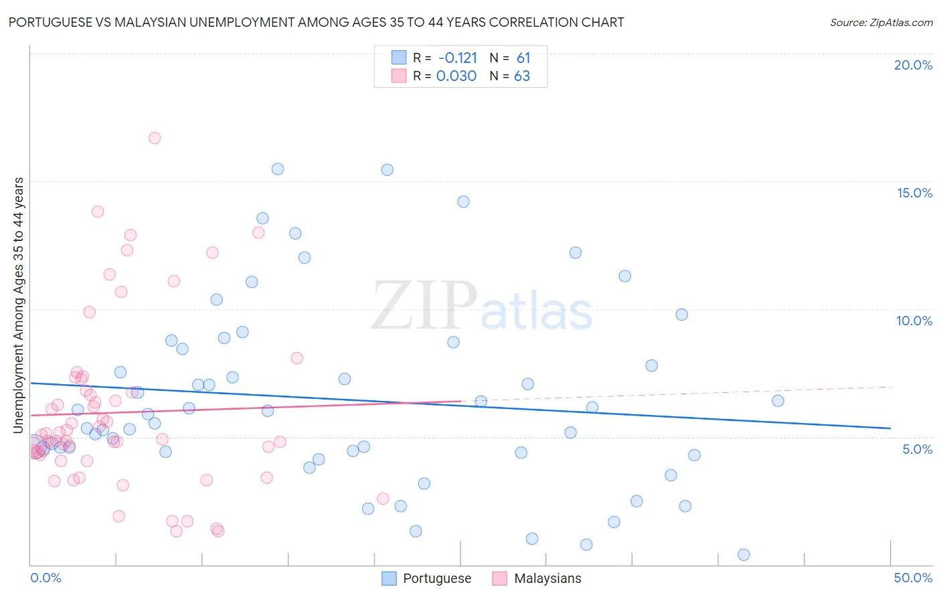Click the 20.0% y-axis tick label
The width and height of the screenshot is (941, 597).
[913, 65]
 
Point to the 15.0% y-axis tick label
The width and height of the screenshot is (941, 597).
[914, 193]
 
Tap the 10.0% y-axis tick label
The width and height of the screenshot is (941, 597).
[914, 321]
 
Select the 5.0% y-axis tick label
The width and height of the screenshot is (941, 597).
[917, 449]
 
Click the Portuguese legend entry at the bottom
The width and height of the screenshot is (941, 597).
[436, 579]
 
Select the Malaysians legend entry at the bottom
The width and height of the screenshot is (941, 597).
[547, 579]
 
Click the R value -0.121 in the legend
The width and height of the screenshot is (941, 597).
[457, 58]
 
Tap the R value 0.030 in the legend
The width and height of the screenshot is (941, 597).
[456, 76]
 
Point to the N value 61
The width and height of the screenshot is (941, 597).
[523, 58]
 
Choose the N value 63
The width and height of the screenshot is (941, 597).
[522, 76]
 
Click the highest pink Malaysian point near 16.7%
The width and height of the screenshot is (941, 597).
[155, 138]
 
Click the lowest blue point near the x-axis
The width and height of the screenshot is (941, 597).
[744, 555]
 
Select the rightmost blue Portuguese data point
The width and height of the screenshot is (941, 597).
[778, 401]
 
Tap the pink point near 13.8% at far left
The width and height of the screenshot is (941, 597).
[98, 211]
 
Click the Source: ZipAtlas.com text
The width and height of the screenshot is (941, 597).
[881, 23]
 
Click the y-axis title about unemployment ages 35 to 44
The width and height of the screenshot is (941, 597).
[18, 305]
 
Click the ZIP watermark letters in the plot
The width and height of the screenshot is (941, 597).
[424, 305]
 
